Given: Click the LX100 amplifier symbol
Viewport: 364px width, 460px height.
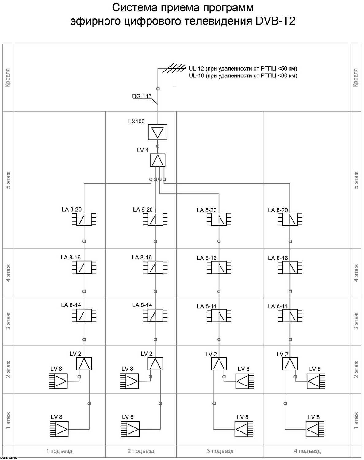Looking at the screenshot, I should pos(158,132).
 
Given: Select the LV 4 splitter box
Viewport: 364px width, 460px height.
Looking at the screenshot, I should pos(158,160).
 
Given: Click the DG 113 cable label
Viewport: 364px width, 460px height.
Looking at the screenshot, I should pos(142,96).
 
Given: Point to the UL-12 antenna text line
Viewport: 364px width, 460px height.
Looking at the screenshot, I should pos(243,68).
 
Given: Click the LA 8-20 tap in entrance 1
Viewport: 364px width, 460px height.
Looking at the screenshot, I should pos(84,219).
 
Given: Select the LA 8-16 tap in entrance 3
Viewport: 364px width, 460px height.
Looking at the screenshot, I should pos(219,267).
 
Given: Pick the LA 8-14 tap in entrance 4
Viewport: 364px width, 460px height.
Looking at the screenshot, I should pos(290,316).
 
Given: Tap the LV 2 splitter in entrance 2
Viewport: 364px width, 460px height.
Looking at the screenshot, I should pos(155,364).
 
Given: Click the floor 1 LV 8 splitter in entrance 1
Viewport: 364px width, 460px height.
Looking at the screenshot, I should pos(59,429).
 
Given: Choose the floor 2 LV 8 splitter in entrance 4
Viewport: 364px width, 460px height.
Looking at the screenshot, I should pos(316,381).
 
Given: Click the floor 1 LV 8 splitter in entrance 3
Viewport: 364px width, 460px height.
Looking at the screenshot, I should pos(244,429).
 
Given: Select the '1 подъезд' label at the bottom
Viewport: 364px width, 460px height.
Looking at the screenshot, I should pos(59,451).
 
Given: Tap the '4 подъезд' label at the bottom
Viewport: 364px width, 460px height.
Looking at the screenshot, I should pos(307,451).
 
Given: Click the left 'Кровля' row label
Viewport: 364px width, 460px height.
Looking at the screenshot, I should pos(8,78).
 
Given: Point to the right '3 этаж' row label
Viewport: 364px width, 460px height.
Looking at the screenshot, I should pos(356,321).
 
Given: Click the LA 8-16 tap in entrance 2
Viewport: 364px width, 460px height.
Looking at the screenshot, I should pos(155,267).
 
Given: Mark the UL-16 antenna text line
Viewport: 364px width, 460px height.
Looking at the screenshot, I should pos(243,75).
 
